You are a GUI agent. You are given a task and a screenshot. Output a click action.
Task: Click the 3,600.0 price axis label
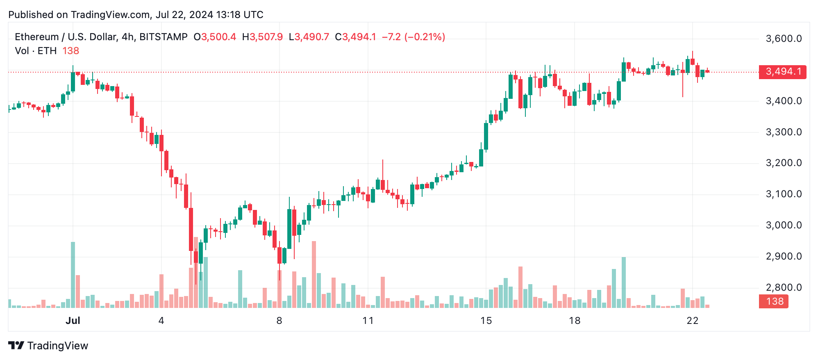point(784,39)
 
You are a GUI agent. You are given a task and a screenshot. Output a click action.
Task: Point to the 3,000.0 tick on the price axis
point(784,225)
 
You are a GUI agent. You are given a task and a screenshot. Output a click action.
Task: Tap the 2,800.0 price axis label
point(784,287)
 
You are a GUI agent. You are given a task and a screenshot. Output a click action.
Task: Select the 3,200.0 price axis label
point(784,163)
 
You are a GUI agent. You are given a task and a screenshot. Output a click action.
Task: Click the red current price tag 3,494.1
point(782,72)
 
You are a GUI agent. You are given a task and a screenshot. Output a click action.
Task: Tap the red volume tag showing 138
point(774,301)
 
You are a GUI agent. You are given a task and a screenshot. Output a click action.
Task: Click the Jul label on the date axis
point(73,321)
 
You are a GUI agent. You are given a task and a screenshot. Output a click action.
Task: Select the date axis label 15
point(486,321)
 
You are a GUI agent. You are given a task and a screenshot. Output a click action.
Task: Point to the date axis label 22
point(692,321)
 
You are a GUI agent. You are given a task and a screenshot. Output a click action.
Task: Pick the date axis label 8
point(279,321)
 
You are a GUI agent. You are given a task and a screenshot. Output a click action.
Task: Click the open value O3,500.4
point(215,37)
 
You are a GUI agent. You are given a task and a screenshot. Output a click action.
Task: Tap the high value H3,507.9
point(262,37)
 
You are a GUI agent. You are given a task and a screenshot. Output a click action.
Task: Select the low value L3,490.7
point(309,37)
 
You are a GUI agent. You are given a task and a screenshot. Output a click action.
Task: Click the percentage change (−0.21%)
point(425,37)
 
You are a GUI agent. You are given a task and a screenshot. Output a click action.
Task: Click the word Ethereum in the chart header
point(37,37)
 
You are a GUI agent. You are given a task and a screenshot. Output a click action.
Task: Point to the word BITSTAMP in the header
point(163,37)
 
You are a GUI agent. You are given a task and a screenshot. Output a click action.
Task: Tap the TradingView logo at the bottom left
point(48,346)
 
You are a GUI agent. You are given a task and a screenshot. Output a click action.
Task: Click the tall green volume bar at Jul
point(73,275)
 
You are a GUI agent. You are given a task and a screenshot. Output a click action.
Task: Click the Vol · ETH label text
point(36,51)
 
